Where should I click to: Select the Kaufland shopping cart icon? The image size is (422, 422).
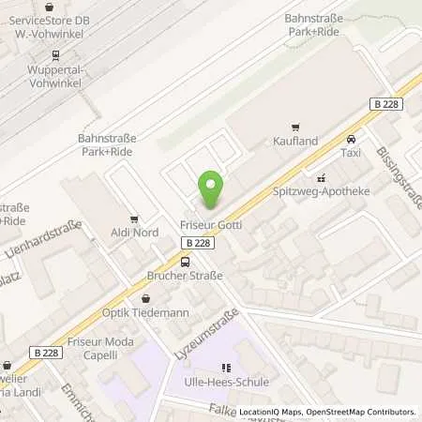tap(296, 127)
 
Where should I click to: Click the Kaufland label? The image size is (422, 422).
tap(296, 141)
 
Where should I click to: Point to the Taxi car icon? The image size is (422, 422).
tap(352, 138)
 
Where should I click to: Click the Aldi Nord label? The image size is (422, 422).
tap(134, 232)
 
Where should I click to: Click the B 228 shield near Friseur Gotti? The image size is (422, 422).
tap(197, 242)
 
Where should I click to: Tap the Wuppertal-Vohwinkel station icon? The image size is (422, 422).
tap(54, 55)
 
